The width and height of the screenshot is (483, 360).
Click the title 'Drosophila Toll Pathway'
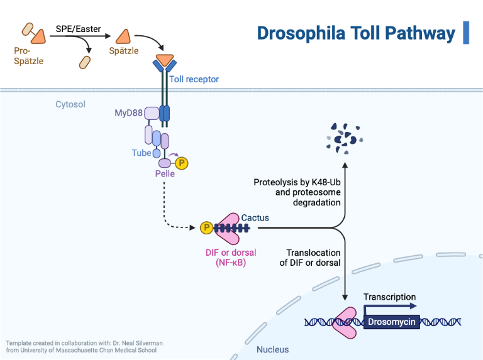pos(355,33)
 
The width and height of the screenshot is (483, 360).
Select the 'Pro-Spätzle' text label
pos(28,55)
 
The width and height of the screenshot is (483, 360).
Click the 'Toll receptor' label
pos(194,79)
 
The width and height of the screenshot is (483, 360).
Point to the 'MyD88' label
pos(128,113)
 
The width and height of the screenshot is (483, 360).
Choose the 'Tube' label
pos(141,153)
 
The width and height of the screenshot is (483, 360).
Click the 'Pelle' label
pos(165,173)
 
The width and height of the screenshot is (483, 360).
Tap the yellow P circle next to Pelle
pos(182,163)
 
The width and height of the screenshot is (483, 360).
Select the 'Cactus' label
pos(255,218)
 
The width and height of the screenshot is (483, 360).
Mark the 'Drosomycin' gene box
pos(392,322)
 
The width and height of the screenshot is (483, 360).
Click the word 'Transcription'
pos(389,297)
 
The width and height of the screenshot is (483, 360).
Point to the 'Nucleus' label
pos(272,349)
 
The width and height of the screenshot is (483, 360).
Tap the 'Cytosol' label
pos(70,104)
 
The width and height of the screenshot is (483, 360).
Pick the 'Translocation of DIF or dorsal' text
pos(310,258)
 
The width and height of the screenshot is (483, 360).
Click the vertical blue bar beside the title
pos(466,33)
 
